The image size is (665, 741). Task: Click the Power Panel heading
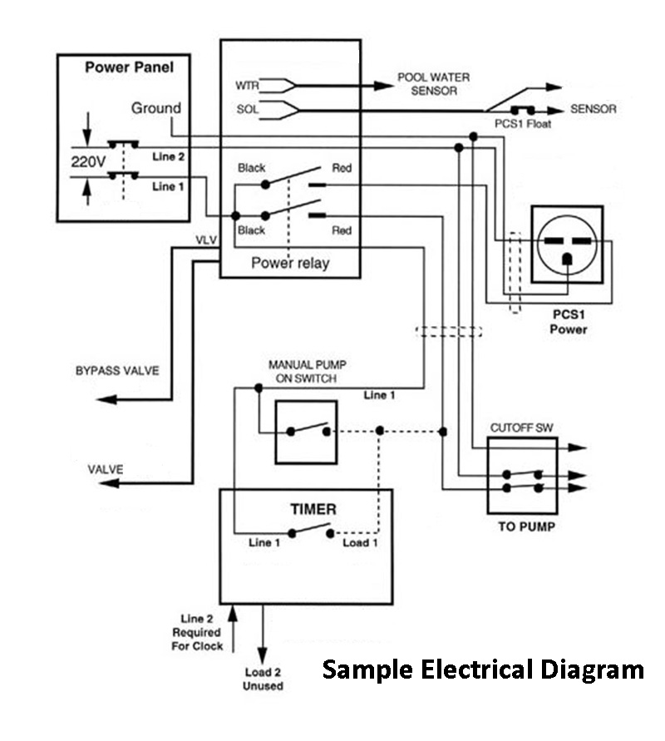click(x=130, y=67)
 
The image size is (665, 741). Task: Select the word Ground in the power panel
click(x=155, y=108)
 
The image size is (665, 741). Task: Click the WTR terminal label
click(x=248, y=86)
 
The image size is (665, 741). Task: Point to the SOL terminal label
click(x=248, y=109)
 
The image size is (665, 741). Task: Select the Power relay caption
click(x=289, y=264)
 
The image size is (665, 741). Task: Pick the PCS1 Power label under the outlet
click(x=569, y=323)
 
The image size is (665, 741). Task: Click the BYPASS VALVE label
click(x=116, y=370)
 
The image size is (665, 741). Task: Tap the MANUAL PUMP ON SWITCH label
click(x=302, y=372)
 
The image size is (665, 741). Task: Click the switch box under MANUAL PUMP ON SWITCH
click(x=306, y=432)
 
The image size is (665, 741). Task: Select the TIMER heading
click(x=306, y=509)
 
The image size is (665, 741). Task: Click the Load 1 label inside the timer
click(x=361, y=542)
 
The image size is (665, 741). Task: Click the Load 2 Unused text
click(x=264, y=679)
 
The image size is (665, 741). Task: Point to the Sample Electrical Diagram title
click(x=482, y=669)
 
